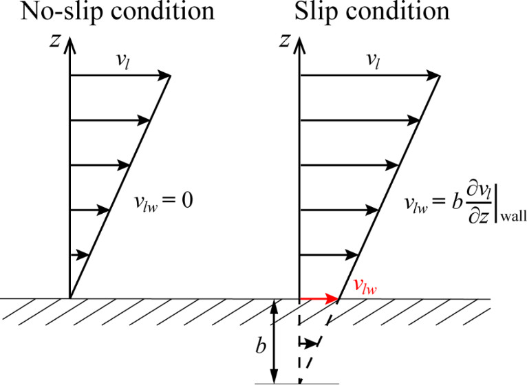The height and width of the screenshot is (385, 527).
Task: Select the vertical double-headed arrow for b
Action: [275, 341]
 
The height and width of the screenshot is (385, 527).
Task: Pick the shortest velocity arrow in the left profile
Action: [80, 255]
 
